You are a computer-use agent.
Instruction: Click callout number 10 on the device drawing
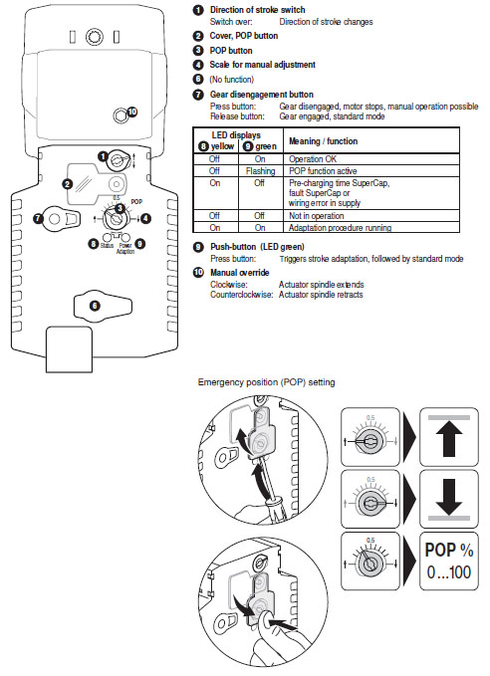tap(133, 112)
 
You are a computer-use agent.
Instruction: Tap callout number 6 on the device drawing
tap(94, 307)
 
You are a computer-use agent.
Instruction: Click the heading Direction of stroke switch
tap(258, 9)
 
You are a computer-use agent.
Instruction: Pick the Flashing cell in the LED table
tap(255, 170)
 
